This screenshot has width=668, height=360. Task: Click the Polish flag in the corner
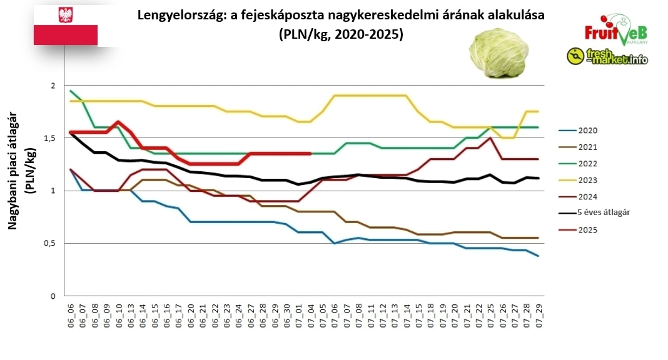tap(66, 25)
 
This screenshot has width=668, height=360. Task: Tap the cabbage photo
tap(498, 53)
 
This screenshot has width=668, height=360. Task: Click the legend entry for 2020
tap(588, 131)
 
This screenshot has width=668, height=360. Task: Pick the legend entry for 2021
tap(588, 147)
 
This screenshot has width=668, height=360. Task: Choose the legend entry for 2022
tap(588, 164)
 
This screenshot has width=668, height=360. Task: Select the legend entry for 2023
tap(588, 180)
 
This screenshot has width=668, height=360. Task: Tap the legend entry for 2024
tap(588, 196)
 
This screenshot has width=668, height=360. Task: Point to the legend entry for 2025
tap(588, 229)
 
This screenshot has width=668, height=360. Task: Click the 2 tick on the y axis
tap(53, 85)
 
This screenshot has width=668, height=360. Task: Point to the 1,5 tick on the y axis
tap(51, 137)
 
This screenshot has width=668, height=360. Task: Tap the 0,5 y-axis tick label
tap(51, 243)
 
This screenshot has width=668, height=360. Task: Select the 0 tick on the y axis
tap(53, 296)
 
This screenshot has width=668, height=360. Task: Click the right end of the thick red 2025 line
tap(311, 153)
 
